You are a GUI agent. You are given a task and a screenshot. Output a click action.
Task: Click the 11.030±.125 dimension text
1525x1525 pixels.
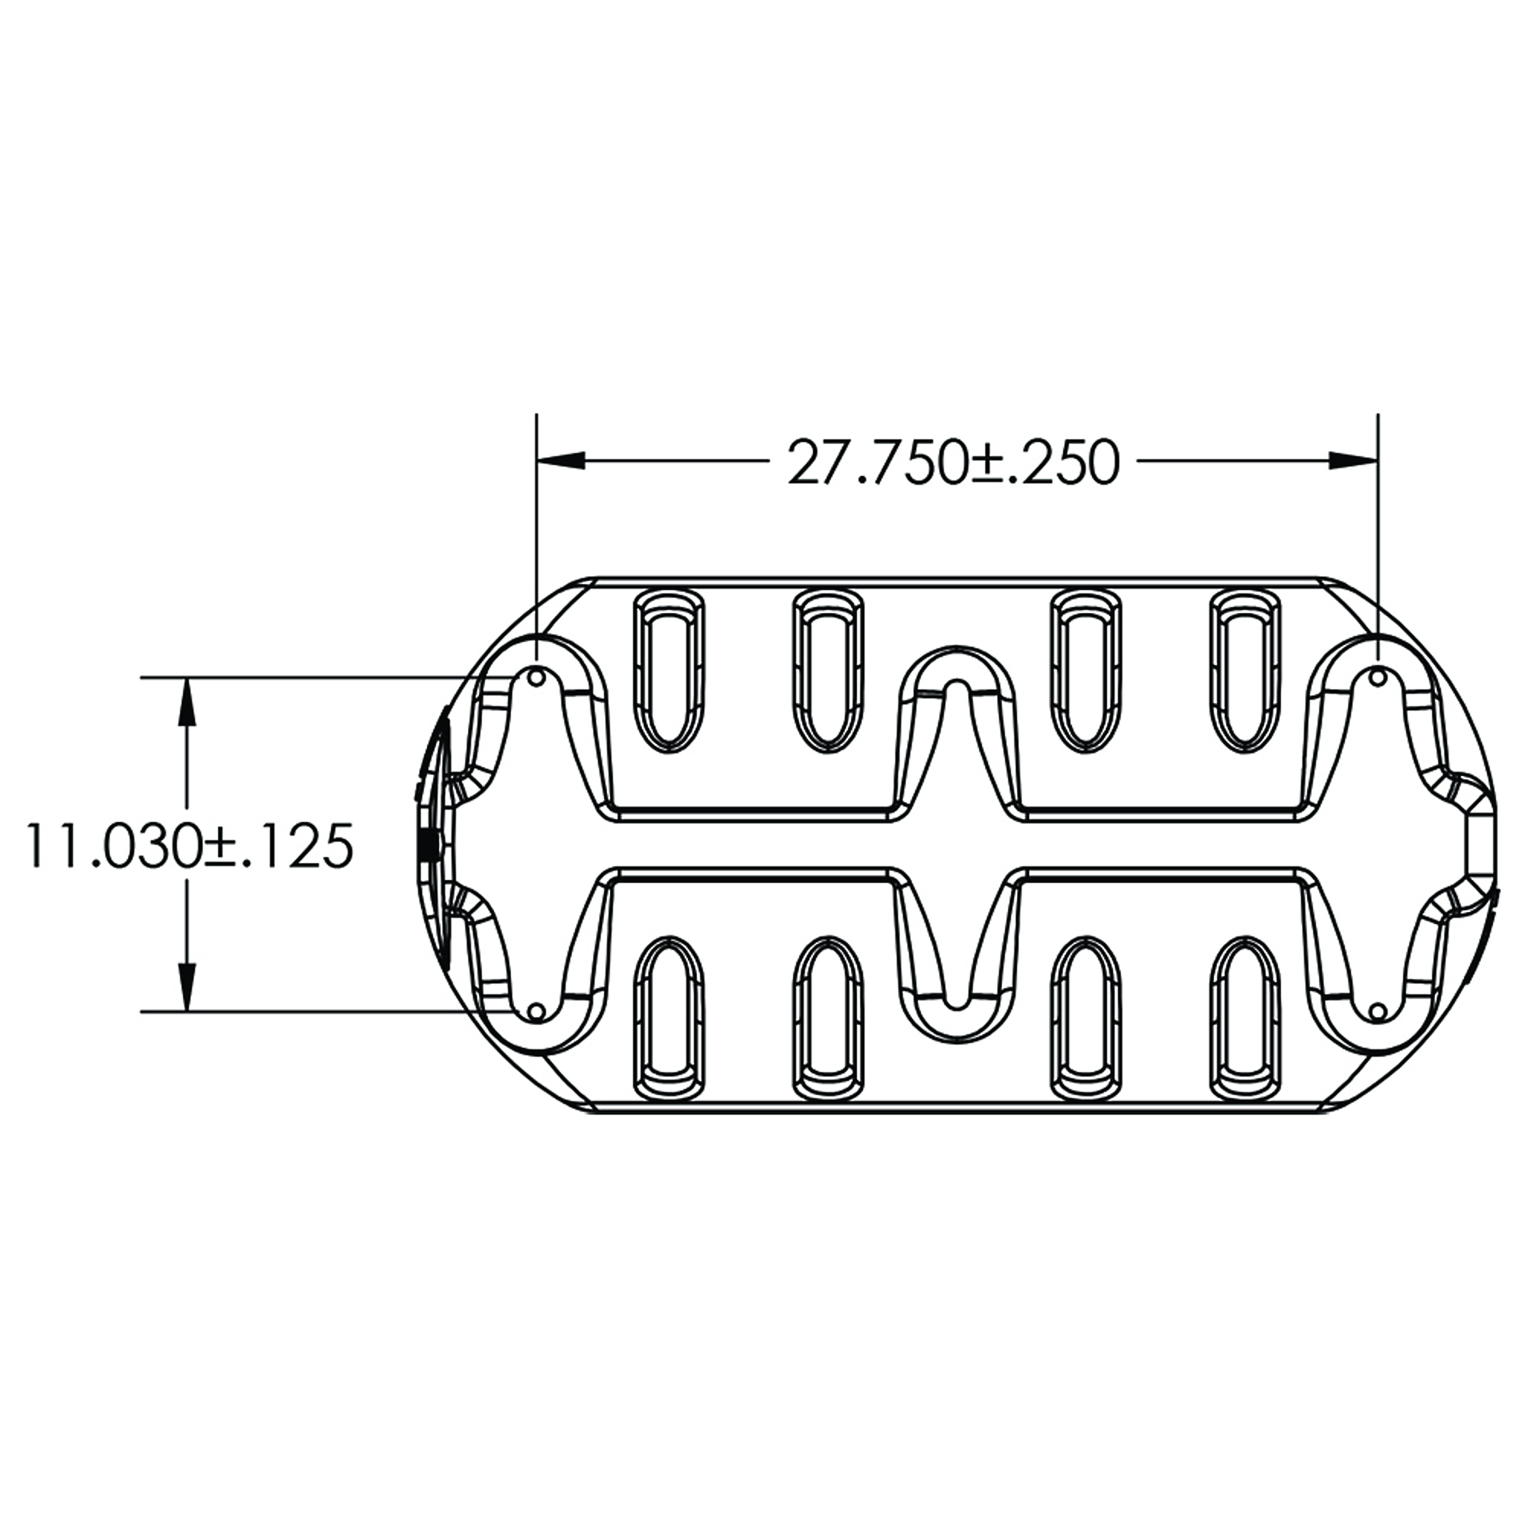pyautogui.click(x=188, y=845)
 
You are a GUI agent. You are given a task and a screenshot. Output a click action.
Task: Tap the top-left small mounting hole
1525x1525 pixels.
pyautogui.click(x=537, y=677)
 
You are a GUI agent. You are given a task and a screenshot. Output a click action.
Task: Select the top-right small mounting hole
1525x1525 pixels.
pyautogui.click(x=1377, y=677)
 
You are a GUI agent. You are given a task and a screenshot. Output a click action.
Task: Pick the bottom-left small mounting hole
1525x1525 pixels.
pyautogui.click(x=537, y=1011)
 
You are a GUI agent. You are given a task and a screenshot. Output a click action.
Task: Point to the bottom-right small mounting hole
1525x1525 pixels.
pyautogui.click(x=1377, y=1011)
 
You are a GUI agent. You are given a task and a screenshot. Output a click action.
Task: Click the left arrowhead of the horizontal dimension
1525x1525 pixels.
pyautogui.click(x=561, y=461)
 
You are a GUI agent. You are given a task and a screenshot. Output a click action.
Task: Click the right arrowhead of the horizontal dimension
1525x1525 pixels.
pyautogui.click(x=1353, y=461)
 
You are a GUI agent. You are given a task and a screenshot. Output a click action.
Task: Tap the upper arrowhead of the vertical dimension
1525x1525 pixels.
pyautogui.click(x=186, y=701)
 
